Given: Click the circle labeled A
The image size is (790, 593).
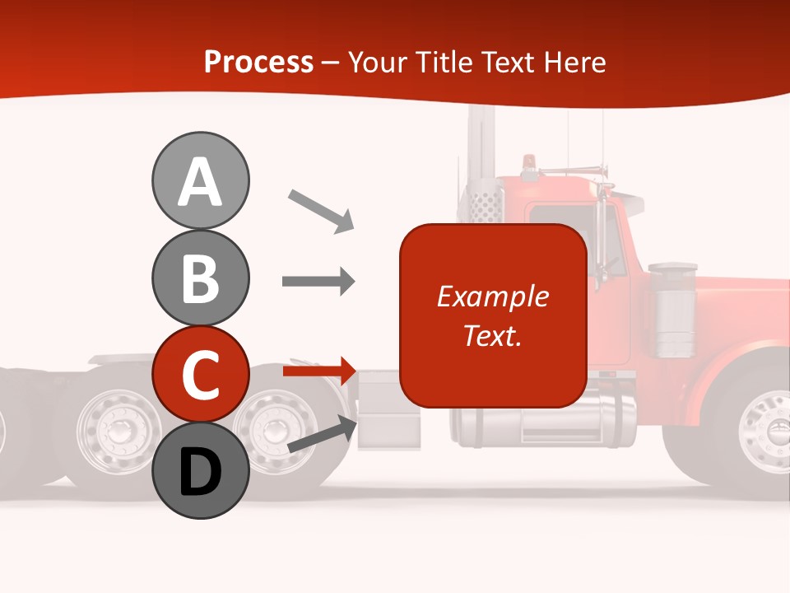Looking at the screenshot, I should coord(200,180).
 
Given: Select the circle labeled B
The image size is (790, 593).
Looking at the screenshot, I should coord(200,278).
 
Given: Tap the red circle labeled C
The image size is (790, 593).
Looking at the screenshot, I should coord(200,374).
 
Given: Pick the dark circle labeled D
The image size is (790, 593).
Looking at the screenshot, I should coord(200,471).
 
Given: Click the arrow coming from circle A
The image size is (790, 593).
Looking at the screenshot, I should coord(320,211).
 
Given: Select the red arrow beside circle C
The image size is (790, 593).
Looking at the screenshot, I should coord(319,371).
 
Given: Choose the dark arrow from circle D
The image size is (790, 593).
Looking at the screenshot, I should coord(321,434).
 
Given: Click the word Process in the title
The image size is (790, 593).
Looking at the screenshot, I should coord(258,62).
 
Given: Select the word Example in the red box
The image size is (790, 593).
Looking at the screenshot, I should coord(493,296).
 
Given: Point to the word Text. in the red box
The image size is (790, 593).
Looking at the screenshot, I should coord(493,335).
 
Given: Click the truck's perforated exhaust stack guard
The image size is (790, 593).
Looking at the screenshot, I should coord(485,203).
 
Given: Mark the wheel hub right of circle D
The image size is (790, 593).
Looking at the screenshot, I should coord(272,427).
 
